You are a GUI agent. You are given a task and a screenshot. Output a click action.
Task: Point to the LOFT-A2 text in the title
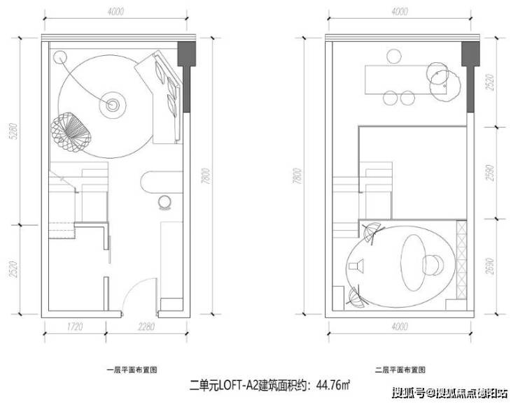coord(239,383)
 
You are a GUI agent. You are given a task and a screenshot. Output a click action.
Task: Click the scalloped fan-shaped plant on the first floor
coord(70,133)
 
